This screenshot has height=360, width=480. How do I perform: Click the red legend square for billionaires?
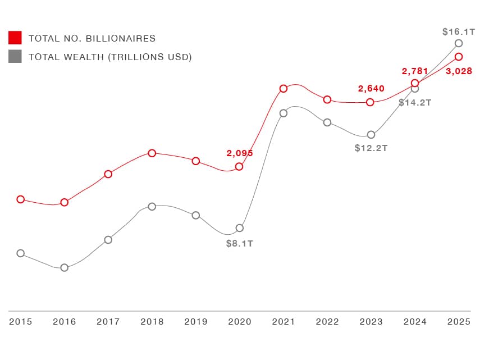point(15,38)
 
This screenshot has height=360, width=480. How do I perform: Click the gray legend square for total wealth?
point(15,57)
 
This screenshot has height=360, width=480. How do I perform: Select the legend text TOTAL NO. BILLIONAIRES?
point(92,39)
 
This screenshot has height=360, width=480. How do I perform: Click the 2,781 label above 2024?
point(415,71)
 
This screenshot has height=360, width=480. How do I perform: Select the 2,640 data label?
point(371,89)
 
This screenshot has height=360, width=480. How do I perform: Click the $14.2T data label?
point(415,103)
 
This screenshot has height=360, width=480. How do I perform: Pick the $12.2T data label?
point(371,148)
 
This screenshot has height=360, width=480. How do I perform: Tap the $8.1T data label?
point(239,244)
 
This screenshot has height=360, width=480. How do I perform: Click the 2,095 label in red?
point(240,153)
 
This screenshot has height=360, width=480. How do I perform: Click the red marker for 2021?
point(284,88)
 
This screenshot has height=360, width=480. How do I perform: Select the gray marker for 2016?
point(65,267)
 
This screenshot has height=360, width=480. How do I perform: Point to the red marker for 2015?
point(21,199)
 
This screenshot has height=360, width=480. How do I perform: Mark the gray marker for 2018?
point(152,207)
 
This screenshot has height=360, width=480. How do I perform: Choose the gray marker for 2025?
point(459,43)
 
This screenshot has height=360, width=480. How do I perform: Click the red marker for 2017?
point(108,174)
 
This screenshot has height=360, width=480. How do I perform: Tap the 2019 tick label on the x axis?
point(196,322)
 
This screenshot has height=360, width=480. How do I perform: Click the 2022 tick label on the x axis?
point(327,322)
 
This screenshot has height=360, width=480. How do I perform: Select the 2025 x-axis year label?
point(459,322)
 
